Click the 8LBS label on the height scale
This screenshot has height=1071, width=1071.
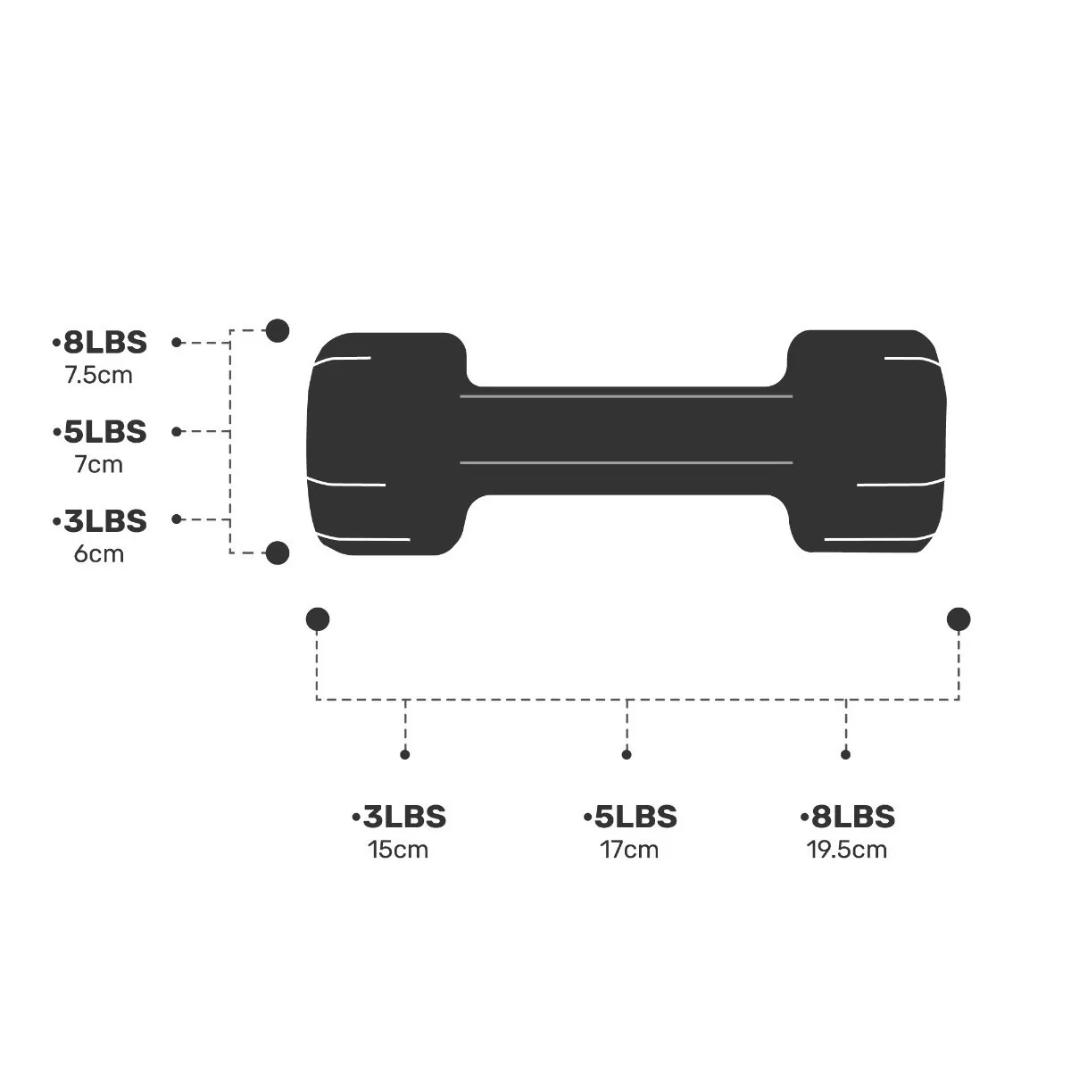click(100, 343)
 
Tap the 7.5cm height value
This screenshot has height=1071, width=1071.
click(98, 375)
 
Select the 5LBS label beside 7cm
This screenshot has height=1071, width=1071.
click(100, 432)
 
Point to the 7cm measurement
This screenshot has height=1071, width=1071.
click(99, 464)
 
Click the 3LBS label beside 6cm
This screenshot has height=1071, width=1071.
click(100, 520)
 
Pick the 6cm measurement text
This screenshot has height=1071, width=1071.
click(99, 553)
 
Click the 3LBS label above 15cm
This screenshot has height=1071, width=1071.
click(399, 817)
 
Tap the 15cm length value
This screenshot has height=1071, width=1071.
click(398, 849)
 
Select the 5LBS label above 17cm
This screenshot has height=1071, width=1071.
click(630, 817)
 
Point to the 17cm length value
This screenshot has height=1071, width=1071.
click(629, 849)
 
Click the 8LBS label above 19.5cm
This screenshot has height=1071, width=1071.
click(848, 817)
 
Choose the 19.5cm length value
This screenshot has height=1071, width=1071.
click(847, 849)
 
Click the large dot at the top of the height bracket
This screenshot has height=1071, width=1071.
click(278, 331)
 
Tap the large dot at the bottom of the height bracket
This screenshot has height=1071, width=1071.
click(278, 553)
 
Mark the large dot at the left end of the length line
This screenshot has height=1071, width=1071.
click(317, 619)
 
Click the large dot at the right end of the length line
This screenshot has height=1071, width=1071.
click(959, 619)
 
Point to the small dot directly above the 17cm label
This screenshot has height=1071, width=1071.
click(627, 755)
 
